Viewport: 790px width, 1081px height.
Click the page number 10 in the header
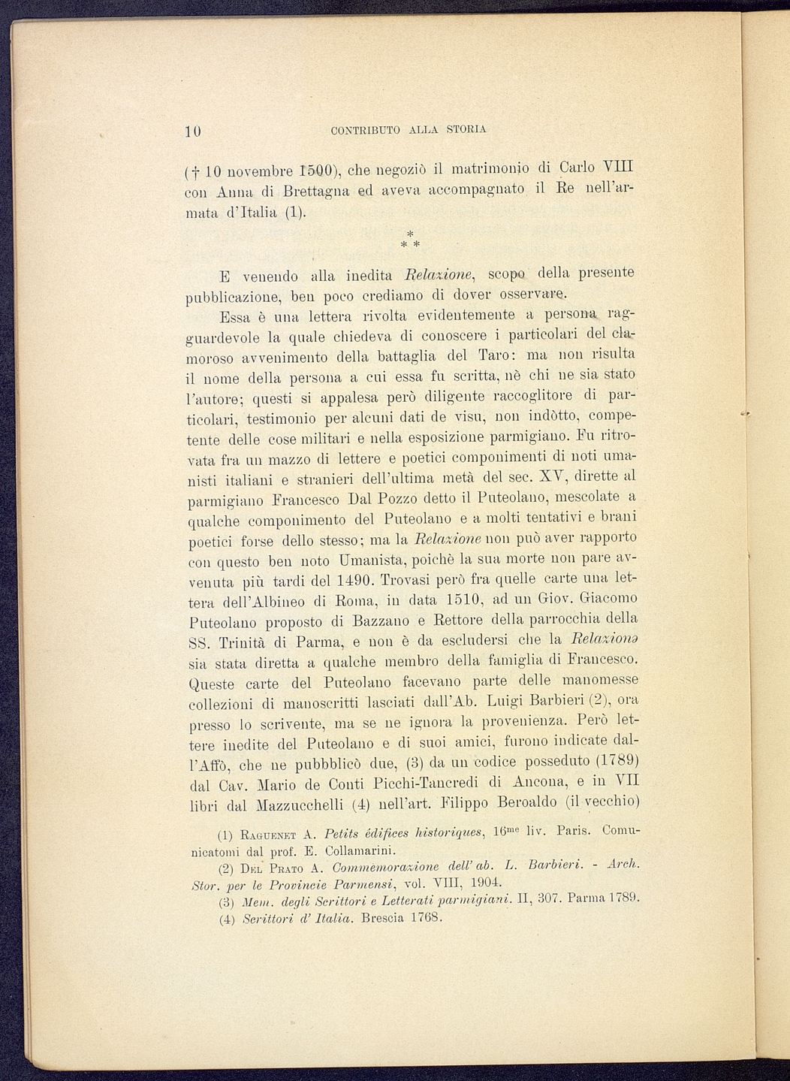tap(193, 130)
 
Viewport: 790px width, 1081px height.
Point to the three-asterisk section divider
tap(410, 240)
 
